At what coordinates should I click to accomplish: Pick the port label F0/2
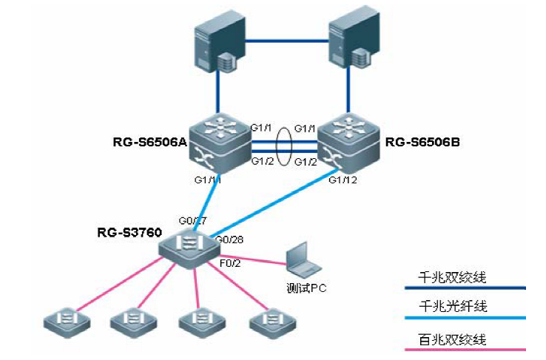(x=229, y=263)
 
